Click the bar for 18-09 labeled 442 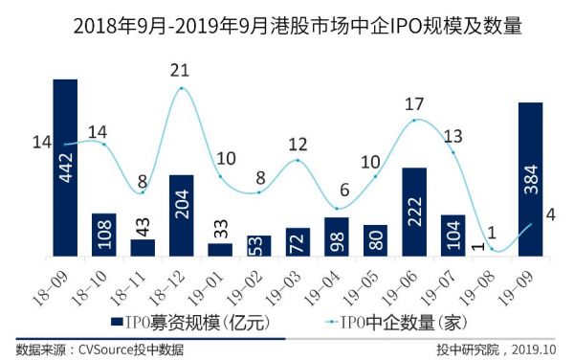[65, 168]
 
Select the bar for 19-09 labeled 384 [531, 179]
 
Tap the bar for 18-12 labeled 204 [182, 215]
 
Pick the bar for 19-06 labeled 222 [414, 212]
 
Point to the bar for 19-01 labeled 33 [220, 250]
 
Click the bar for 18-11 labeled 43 [143, 247]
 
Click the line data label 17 [414, 103]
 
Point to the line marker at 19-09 [530, 225]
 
